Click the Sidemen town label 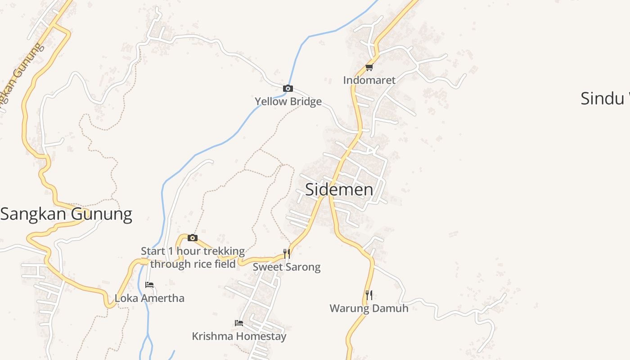(x=339, y=189)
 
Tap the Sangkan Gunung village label (x=66, y=214)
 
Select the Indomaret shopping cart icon (x=369, y=67)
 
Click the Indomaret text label (x=369, y=80)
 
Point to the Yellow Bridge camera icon (x=288, y=89)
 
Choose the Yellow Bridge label (x=288, y=101)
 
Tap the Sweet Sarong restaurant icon (x=286, y=254)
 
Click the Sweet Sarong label (x=286, y=267)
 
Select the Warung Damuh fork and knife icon (x=369, y=295)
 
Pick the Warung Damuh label (x=369, y=308)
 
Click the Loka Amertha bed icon (x=149, y=285)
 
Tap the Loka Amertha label (x=149, y=298)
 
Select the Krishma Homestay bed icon (x=239, y=323)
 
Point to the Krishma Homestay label (x=239, y=336)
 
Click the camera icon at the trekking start (x=193, y=238)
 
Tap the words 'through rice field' (x=193, y=264)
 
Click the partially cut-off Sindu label (x=604, y=98)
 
